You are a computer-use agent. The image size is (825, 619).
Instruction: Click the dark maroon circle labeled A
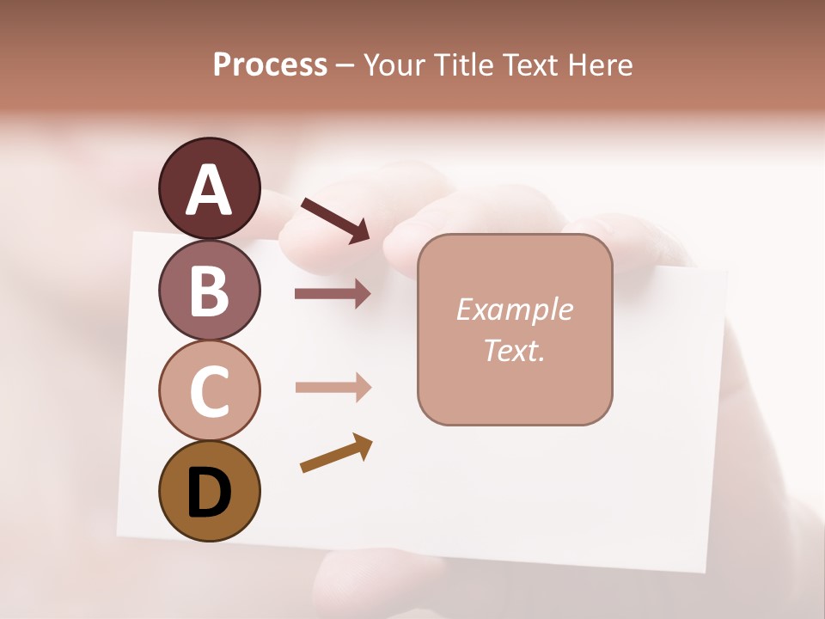pos(209,188)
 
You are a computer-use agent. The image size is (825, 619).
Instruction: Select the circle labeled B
pos(209,290)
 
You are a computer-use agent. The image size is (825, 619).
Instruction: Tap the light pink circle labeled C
pos(209,391)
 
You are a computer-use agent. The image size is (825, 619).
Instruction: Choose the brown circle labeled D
pos(209,491)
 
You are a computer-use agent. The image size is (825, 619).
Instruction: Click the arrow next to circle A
pos(335,219)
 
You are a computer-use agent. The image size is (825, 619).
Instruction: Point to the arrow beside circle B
pos(333,294)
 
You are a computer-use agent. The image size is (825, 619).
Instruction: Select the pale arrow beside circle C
pos(333,387)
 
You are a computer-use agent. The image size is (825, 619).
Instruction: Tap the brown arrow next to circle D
pos(336,453)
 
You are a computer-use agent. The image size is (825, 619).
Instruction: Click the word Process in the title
pos(270,65)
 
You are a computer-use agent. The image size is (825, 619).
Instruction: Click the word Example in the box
pos(514,309)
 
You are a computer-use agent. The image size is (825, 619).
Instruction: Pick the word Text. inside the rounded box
pos(514,350)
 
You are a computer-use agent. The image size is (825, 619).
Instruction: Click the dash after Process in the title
pos(345,66)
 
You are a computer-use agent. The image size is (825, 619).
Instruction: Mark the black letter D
pos(209,493)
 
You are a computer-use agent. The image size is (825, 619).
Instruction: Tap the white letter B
pos(209,291)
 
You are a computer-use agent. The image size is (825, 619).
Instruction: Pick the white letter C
pos(209,392)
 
